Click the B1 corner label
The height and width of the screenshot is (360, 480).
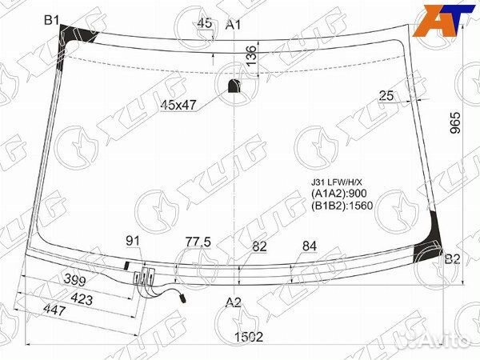51,20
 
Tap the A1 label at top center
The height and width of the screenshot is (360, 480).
234,25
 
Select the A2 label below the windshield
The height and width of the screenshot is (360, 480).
234,302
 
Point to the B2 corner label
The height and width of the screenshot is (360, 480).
452,259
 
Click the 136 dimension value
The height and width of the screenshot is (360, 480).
251,55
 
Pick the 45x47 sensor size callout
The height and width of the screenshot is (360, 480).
178,106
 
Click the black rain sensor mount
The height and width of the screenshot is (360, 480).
234,86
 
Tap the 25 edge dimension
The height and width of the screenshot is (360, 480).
386,96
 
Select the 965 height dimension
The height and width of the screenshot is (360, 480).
455,122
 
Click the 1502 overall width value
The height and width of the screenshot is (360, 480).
249,337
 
